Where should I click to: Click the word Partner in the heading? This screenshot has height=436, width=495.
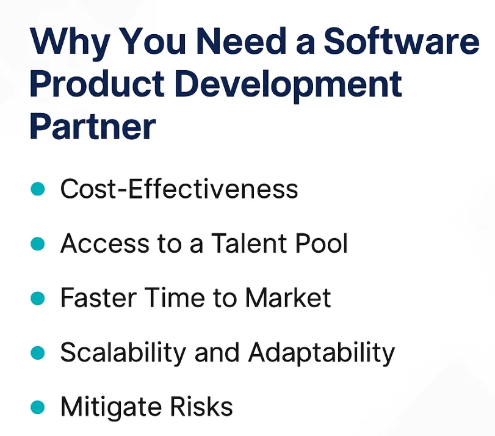pos(92,126)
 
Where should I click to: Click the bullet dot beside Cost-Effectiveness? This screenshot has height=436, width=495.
pos(37,190)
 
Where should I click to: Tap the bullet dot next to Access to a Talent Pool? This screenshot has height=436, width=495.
pos(37,244)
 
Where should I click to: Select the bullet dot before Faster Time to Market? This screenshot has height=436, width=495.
pos(37,299)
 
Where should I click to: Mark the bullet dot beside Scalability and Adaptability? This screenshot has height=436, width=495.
pos(37,352)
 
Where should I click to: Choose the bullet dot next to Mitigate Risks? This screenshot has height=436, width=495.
pos(37,407)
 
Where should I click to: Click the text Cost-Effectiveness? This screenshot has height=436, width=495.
pos(179,190)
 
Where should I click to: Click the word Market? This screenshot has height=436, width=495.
pos(288,299)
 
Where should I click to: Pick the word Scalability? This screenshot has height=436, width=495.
pos(123,353)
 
